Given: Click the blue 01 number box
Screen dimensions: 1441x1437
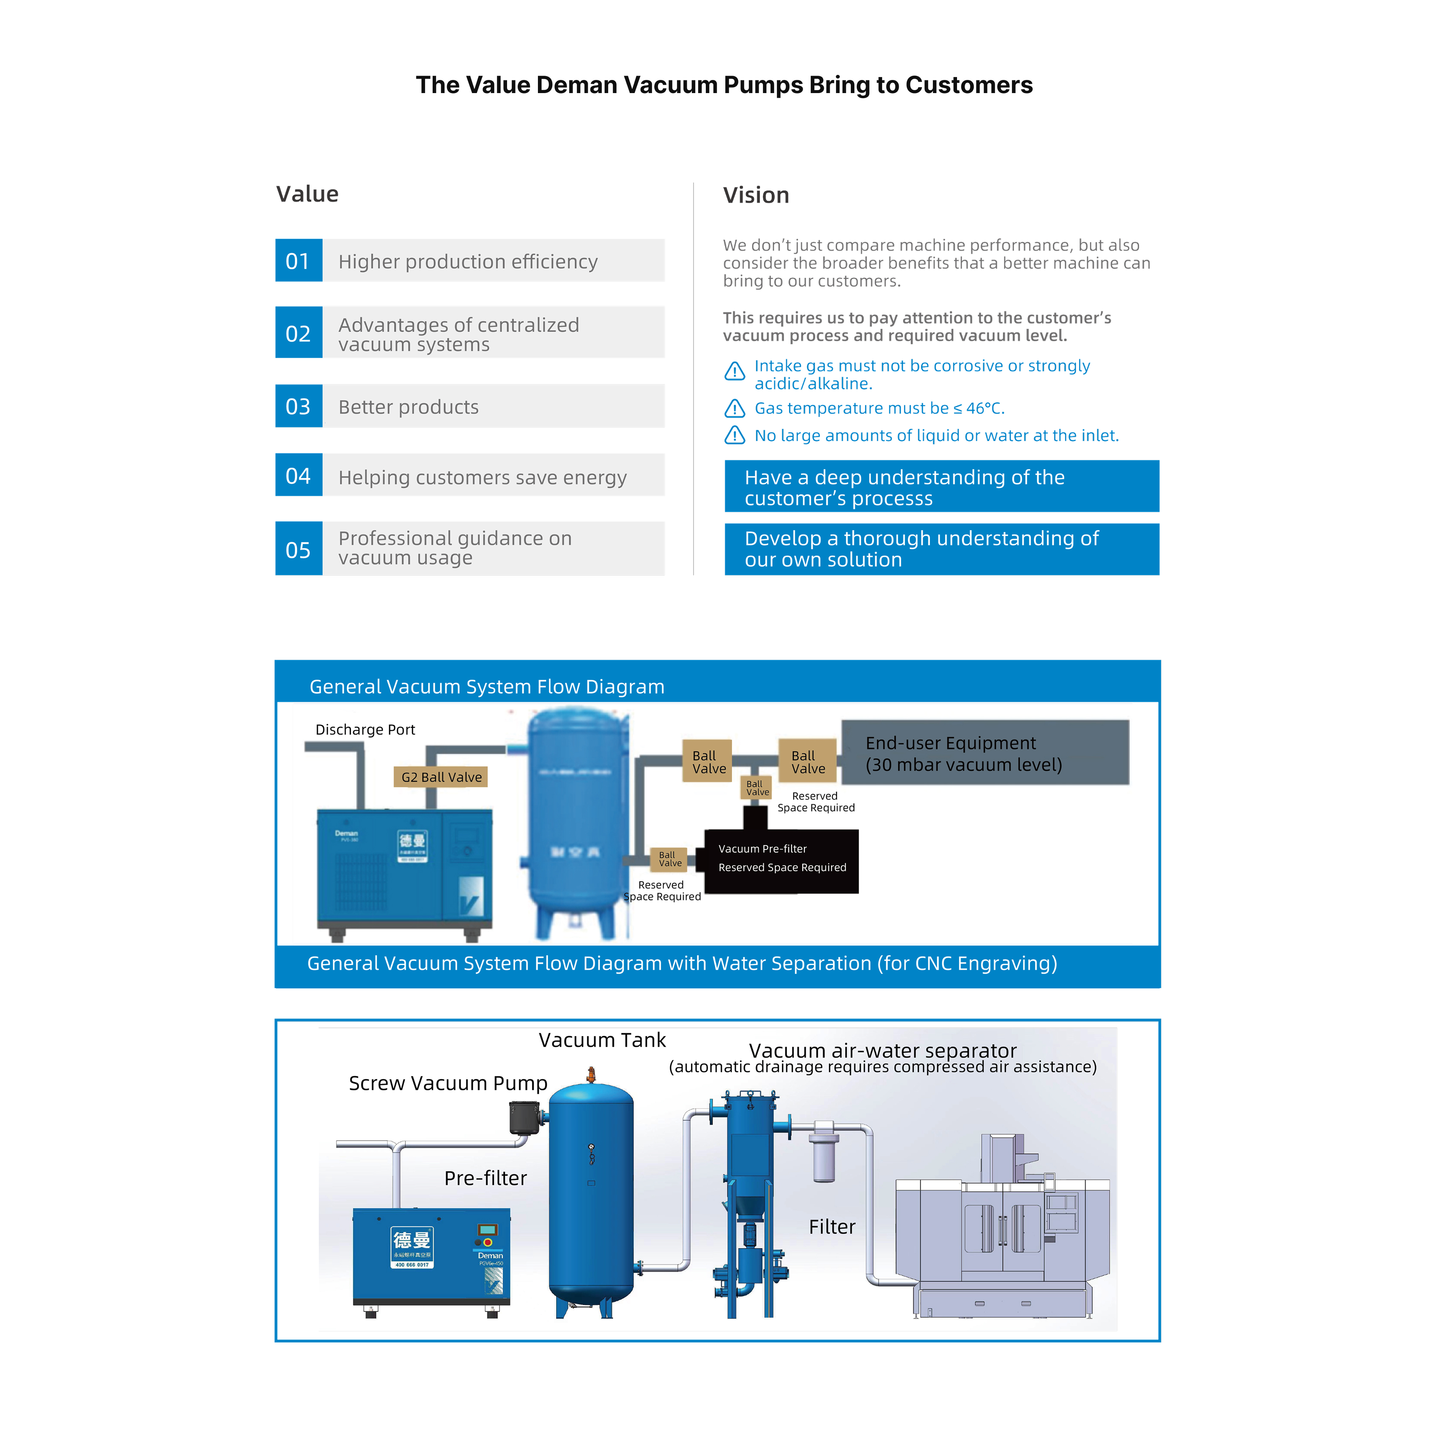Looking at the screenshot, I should click(298, 260).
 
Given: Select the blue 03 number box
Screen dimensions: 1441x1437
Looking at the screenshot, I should click(298, 406).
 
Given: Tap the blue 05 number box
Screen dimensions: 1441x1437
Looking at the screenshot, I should click(298, 549).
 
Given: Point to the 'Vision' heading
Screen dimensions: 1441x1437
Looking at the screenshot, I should click(755, 195).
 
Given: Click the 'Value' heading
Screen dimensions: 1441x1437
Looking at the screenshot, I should click(307, 194).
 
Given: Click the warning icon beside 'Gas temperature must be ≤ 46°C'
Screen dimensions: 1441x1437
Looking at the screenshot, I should click(735, 409).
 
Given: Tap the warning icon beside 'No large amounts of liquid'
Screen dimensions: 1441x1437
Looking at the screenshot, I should click(735, 436).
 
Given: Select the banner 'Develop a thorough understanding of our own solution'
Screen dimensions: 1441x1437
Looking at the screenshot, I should click(941, 549).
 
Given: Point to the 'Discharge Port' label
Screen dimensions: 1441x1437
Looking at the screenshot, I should click(365, 729).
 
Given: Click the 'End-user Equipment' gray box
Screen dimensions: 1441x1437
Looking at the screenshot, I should click(985, 753).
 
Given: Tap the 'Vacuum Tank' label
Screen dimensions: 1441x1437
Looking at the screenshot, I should click(602, 1040).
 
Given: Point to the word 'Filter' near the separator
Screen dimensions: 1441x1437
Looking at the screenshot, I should click(831, 1227).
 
